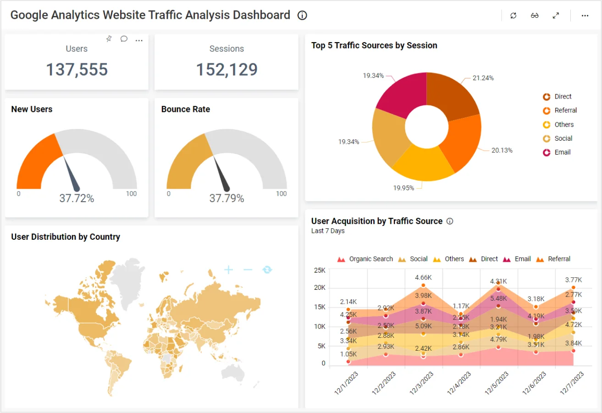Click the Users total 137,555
77,70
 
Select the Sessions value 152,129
226,70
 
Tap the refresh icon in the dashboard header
514,16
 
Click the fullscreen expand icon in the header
556,16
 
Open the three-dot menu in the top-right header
585,16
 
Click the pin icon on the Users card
109,39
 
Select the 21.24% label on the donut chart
483,78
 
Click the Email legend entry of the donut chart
562,152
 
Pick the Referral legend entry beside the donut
565,110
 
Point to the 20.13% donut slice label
502,150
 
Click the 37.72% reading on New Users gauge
77,198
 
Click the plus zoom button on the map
228,270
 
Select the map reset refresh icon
267,270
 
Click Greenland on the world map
128,275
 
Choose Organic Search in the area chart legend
370,259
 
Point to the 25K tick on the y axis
320,270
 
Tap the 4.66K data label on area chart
423,277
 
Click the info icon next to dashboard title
302,16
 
